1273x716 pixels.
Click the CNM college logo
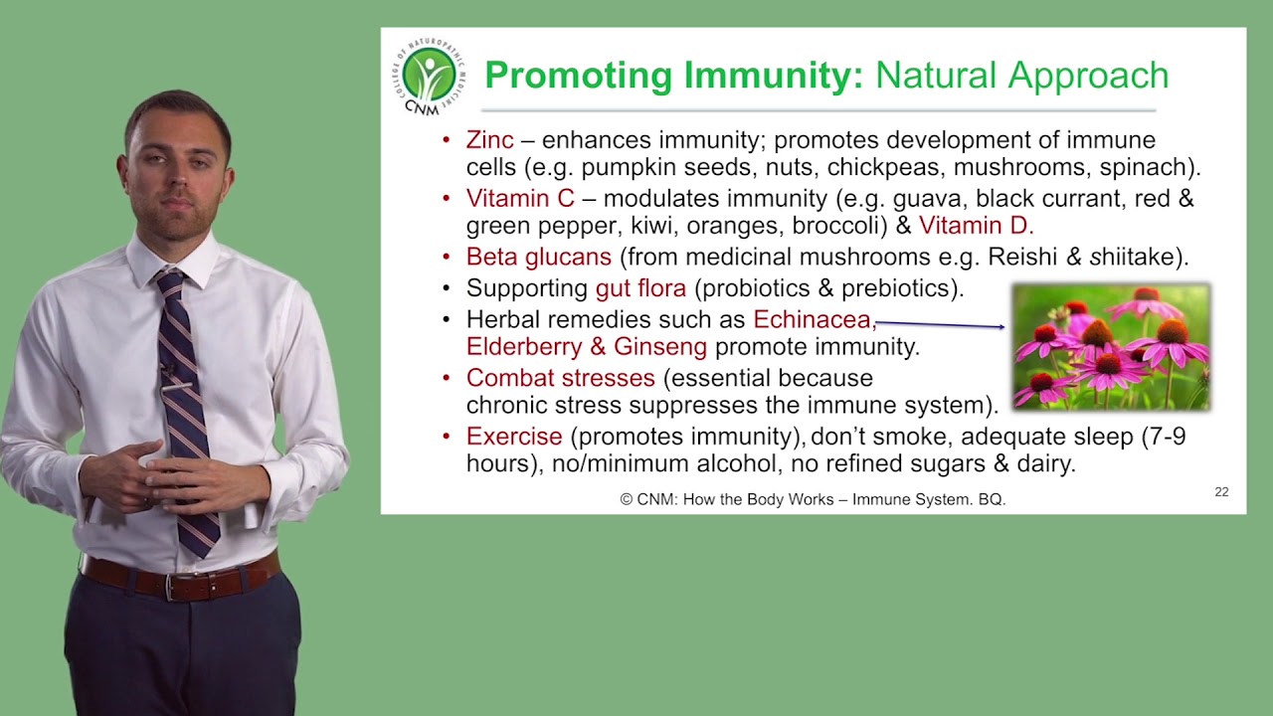click(x=429, y=77)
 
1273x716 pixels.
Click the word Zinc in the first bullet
click(x=489, y=140)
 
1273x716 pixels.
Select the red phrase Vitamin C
click(x=520, y=198)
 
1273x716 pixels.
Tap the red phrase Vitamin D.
click(x=976, y=226)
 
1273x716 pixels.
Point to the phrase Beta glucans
click(x=539, y=257)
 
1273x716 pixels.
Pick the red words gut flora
click(x=640, y=288)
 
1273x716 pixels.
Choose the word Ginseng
click(x=660, y=347)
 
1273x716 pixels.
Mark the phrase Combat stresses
click(x=560, y=378)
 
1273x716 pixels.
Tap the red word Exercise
click(x=514, y=437)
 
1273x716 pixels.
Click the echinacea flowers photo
click(x=1112, y=347)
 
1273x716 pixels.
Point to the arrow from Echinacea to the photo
click(x=940, y=324)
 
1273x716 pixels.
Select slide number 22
click(x=1222, y=491)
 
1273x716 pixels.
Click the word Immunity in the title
click(x=774, y=76)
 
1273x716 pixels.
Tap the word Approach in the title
click(x=1088, y=76)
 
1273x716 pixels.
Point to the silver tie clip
click(x=177, y=388)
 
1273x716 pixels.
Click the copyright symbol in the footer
click(x=627, y=499)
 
